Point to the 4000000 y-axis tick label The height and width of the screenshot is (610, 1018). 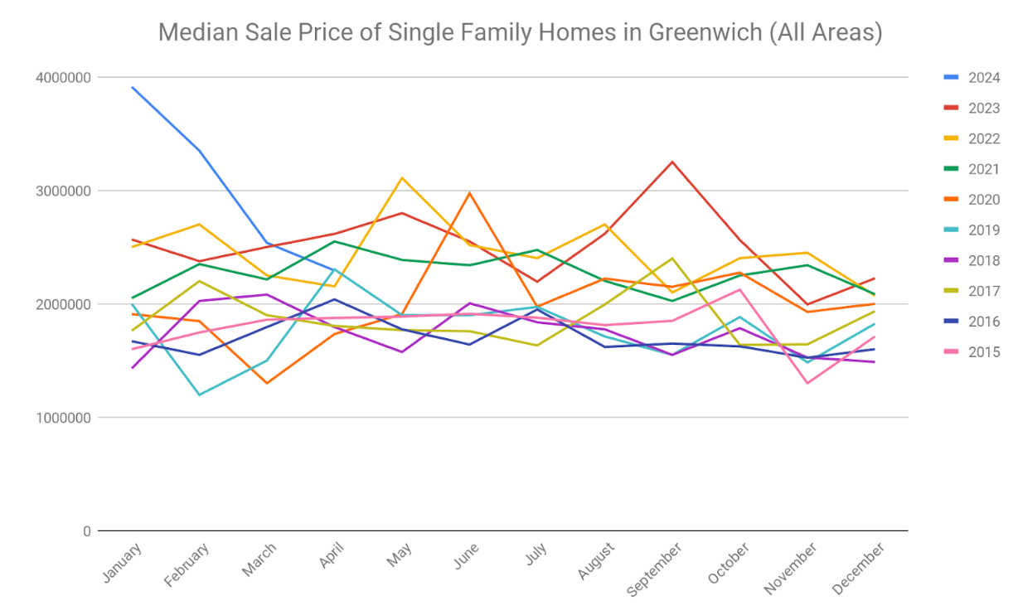point(64,78)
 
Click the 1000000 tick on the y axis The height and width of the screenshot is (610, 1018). point(64,418)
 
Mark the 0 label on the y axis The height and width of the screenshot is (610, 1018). point(86,531)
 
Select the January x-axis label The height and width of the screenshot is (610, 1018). point(122,563)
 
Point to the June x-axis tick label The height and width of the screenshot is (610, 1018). point(466,556)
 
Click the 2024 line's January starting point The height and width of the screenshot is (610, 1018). point(132,87)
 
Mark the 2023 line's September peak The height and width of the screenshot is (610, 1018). point(672,162)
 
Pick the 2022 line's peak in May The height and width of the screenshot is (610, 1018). point(402,177)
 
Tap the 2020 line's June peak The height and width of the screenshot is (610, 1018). point(470,193)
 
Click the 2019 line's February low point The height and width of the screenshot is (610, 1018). point(199,395)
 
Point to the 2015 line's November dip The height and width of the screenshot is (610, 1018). point(807,383)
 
